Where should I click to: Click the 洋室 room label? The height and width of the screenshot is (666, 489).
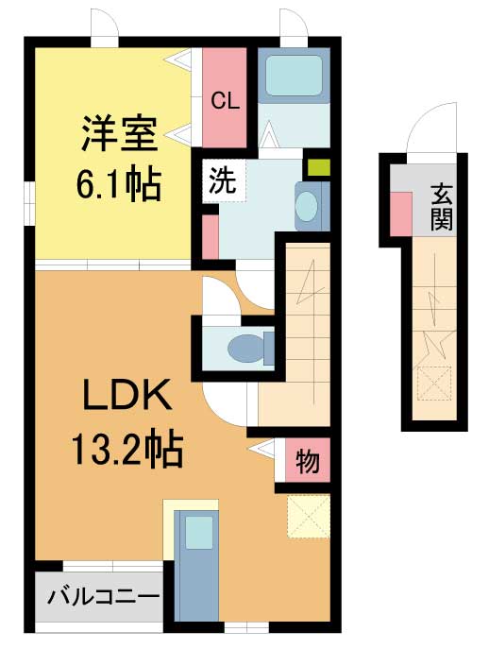point(119,133)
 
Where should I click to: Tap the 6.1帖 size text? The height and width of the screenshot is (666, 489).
point(119,185)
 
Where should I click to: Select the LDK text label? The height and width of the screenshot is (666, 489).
point(127,396)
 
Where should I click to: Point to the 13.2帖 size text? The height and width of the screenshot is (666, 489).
point(127,451)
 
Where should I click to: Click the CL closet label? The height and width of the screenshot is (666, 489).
point(225,101)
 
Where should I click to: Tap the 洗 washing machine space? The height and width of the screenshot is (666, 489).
point(224,180)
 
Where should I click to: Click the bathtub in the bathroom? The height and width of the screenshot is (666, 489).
point(294,77)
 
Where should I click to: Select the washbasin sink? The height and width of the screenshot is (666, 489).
point(307,207)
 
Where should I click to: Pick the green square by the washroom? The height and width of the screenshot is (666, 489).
point(319,167)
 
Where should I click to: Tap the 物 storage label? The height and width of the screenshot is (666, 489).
point(308,460)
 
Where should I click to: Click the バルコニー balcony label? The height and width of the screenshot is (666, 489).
point(103,597)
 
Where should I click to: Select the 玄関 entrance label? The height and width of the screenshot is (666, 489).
point(442,208)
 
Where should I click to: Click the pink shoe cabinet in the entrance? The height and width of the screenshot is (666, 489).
point(400,213)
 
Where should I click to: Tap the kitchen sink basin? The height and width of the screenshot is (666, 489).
point(199,532)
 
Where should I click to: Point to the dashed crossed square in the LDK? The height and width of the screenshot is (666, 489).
point(309,516)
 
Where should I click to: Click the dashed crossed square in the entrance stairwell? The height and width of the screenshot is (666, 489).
point(434,384)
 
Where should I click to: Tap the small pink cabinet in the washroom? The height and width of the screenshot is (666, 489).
point(211,236)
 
